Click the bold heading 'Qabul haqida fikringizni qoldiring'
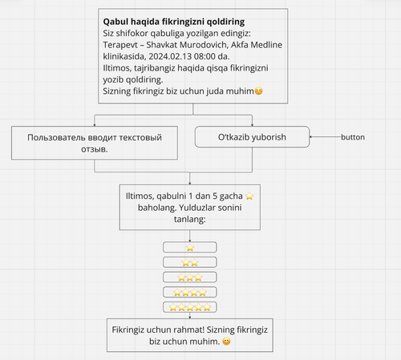point(174,22)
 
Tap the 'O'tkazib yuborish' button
point(252,137)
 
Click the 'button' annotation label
point(353,137)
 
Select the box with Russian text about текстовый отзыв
point(95,143)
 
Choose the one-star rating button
point(190,247)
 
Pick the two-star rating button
point(190,262)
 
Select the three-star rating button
point(190,277)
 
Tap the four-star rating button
point(190,292)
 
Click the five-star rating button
point(190,307)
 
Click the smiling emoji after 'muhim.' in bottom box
point(226,342)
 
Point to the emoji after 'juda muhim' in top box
point(258,91)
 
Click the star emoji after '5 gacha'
point(249,196)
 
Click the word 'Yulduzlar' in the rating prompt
point(196,208)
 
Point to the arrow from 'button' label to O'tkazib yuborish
point(325,137)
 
